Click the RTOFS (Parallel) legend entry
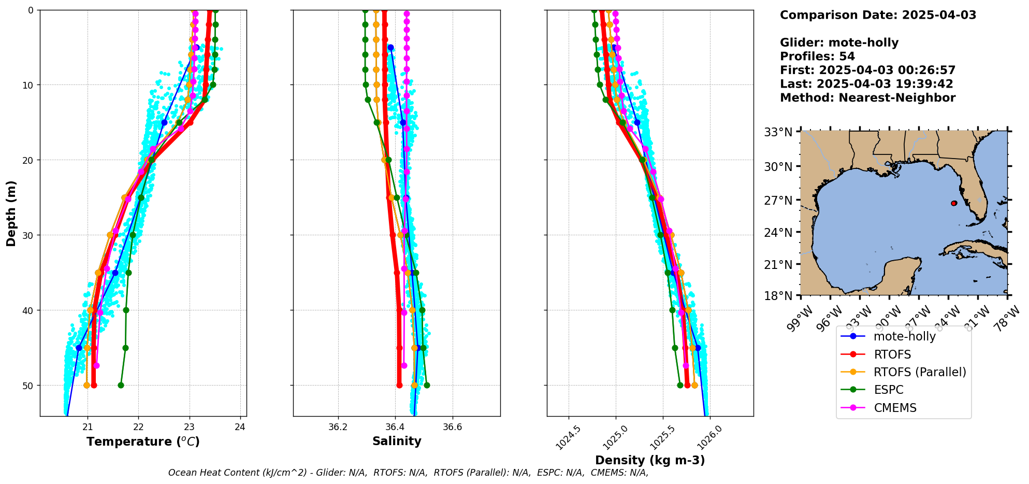[919, 372]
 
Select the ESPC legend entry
[888, 390]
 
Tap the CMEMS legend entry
[895, 408]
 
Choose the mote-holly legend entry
[904, 336]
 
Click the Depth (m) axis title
[11, 213]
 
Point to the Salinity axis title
[397, 441]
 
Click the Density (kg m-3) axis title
[650, 460]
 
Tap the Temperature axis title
[143, 442]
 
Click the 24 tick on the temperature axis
[240, 428]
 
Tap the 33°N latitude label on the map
[778, 132]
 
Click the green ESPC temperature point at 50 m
[121, 385]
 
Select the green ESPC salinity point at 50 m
[427, 385]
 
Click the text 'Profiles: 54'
[817, 56]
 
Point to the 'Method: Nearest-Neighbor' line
[867, 98]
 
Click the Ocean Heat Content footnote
[408, 473]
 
